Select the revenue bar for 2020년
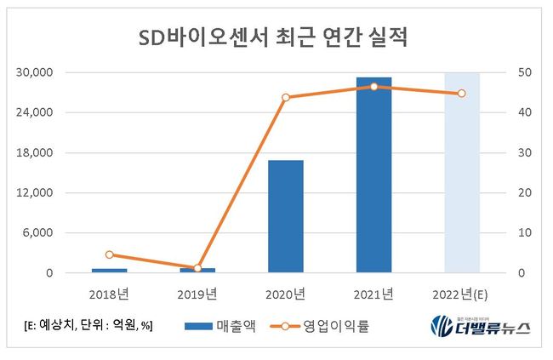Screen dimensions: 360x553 coord(286,216)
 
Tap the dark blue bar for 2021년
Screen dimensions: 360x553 coord(373,174)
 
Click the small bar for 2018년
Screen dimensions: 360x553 coord(110,271)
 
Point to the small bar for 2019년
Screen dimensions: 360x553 coord(197,271)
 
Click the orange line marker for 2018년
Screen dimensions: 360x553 coord(110,254)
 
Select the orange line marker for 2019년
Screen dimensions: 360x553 coord(197,268)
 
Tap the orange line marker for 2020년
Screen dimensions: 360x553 coord(286,97)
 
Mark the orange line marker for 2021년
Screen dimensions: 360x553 coord(373,87)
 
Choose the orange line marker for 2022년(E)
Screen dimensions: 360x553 coord(462,94)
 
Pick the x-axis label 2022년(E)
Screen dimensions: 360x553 coord(462,294)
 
